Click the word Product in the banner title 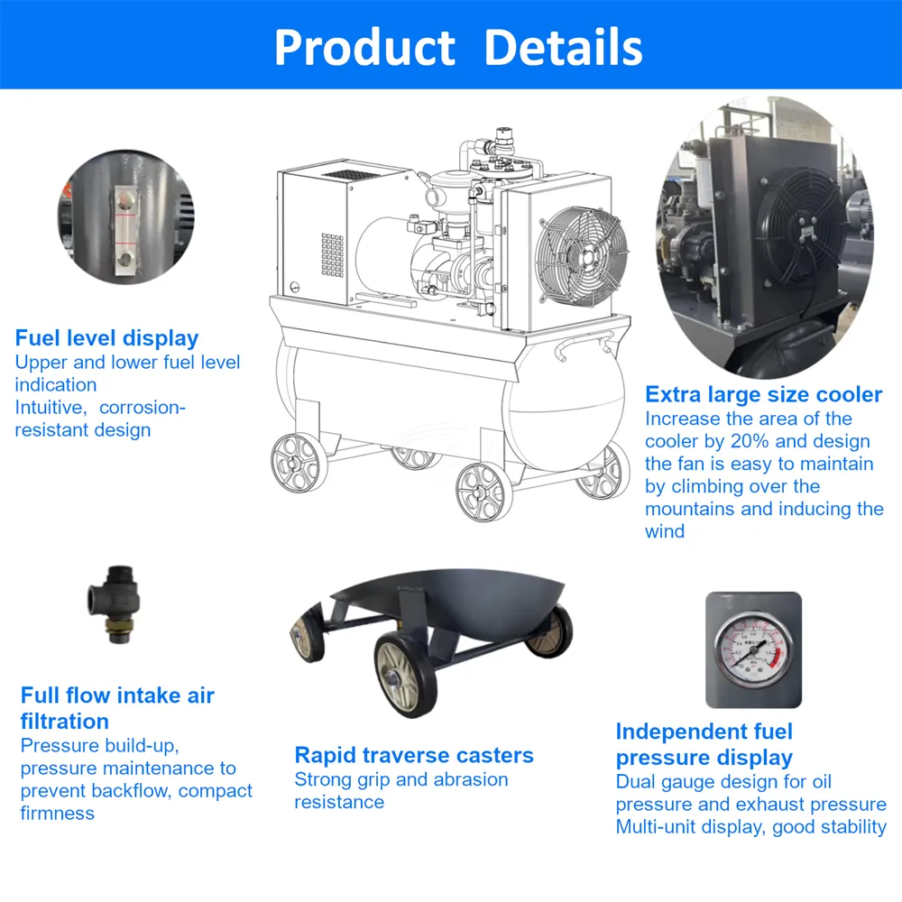pos(365,47)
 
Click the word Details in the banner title pos(563,47)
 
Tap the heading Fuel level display pos(106,338)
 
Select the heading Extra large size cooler pos(763,395)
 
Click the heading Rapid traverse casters pos(414,755)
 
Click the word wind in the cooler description pos(665,531)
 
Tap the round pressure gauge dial pos(752,650)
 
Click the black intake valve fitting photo pos(114,603)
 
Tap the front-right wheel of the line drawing pos(484,492)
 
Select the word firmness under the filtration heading pos(58,813)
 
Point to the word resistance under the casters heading pos(339,802)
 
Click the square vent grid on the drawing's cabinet pos(333,255)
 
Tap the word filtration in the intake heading pos(64,722)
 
